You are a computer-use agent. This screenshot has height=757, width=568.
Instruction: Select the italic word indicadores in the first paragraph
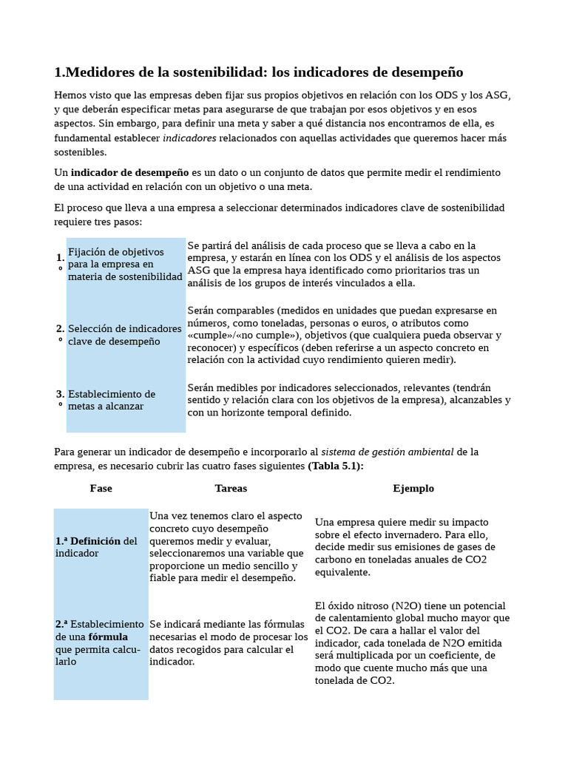189,138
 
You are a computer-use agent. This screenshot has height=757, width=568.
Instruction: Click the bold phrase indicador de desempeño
130,172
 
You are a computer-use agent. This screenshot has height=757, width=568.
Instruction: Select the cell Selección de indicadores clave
124,335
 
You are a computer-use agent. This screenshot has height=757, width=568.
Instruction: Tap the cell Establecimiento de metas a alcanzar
112,400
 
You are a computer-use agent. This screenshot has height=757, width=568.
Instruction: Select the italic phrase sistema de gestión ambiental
388,452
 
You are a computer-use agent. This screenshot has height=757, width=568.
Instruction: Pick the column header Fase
101,489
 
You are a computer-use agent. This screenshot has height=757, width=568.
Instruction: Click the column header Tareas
231,489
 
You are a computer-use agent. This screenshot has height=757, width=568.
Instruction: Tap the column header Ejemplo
413,489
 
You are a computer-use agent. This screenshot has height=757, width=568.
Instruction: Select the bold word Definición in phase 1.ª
95,541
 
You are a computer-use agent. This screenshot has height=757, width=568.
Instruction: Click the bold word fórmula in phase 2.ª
108,637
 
